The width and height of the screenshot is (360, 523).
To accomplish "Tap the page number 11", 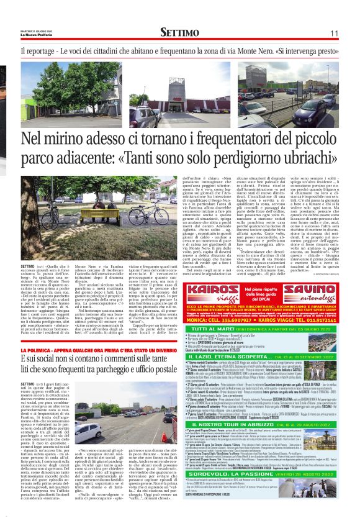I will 334,34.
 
